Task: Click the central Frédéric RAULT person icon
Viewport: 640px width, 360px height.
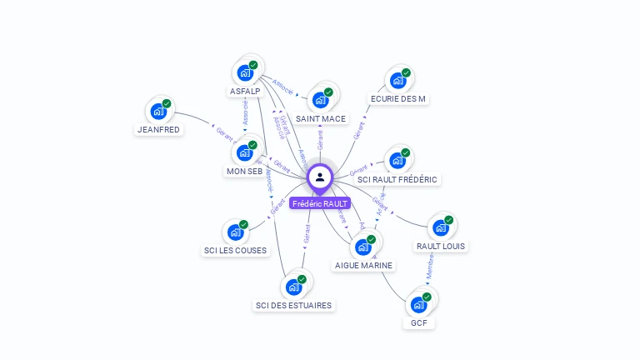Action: click(320, 177)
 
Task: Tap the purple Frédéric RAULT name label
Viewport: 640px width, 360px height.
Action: click(320, 203)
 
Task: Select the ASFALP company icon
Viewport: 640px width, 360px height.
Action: click(245, 72)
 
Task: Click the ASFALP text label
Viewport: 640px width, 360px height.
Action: click(245, 92)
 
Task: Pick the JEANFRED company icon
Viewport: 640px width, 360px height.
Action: click(158, 111)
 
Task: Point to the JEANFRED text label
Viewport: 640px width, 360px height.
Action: click(158, 130)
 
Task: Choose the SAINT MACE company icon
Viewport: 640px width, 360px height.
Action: click(320, 100)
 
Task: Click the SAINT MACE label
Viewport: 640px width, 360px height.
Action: click(321, 119)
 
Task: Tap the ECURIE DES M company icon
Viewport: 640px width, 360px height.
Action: click(397, 80)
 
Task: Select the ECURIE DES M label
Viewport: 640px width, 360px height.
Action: click(398, 99)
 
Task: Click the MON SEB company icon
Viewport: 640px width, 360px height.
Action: click(244, 152)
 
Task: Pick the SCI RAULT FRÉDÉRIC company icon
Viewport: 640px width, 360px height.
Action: click(397, 160)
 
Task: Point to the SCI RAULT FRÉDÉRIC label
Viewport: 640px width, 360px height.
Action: click(397, 179)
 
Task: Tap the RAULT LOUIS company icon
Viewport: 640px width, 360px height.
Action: click(440, 227)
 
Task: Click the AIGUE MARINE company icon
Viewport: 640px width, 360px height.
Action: click(362, 247)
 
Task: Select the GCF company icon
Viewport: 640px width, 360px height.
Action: click(418, 304)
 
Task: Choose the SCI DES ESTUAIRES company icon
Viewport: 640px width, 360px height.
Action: click(293, 287)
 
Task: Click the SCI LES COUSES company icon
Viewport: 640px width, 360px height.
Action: click(235, 232)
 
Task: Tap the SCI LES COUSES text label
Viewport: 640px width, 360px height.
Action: click(235, 251)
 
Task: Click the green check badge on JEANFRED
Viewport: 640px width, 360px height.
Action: click(167, 103)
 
